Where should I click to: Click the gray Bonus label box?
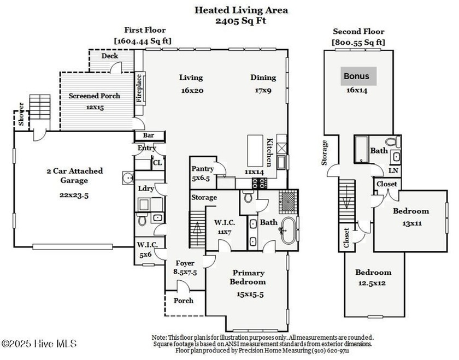pyautogui.click(x=356, y=76)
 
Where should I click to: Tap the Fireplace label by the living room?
pyautogui.click(x=139, y=88)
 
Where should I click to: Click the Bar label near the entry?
pyautogui.click(x=148, y=135)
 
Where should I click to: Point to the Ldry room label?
pyautogui.click(x=145, y=188)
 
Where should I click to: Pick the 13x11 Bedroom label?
pyautogui.click(x=410, y=216)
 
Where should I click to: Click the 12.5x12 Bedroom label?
pyautogui.click(x=373, y=277)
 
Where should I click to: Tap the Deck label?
pyautogui.click(x=110, y=56)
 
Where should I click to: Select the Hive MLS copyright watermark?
pyautogui.click(x=39, y=344)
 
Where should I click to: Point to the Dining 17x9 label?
pyautogui.click(x=263, y=83)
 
